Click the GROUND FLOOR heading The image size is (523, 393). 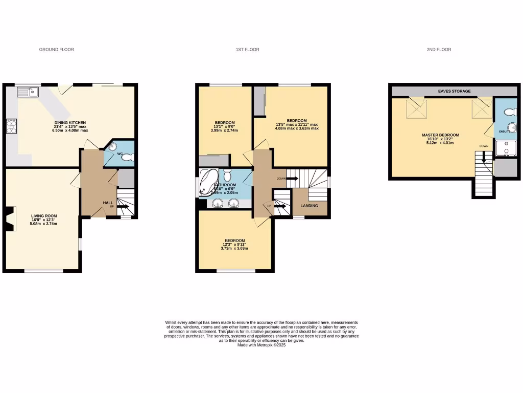(57, 50)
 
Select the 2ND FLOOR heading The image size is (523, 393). (439, 50)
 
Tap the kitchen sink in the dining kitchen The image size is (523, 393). (28, 92)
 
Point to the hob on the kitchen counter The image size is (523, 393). (11, 126)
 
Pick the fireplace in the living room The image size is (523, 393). (10, 219)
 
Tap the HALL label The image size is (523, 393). (108, 203)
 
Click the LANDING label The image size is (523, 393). (310, 206)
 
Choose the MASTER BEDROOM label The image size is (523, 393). (440, 135)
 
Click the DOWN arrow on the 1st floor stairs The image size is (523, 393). (292, 179)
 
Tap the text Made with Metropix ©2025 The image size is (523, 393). (261, 345)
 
